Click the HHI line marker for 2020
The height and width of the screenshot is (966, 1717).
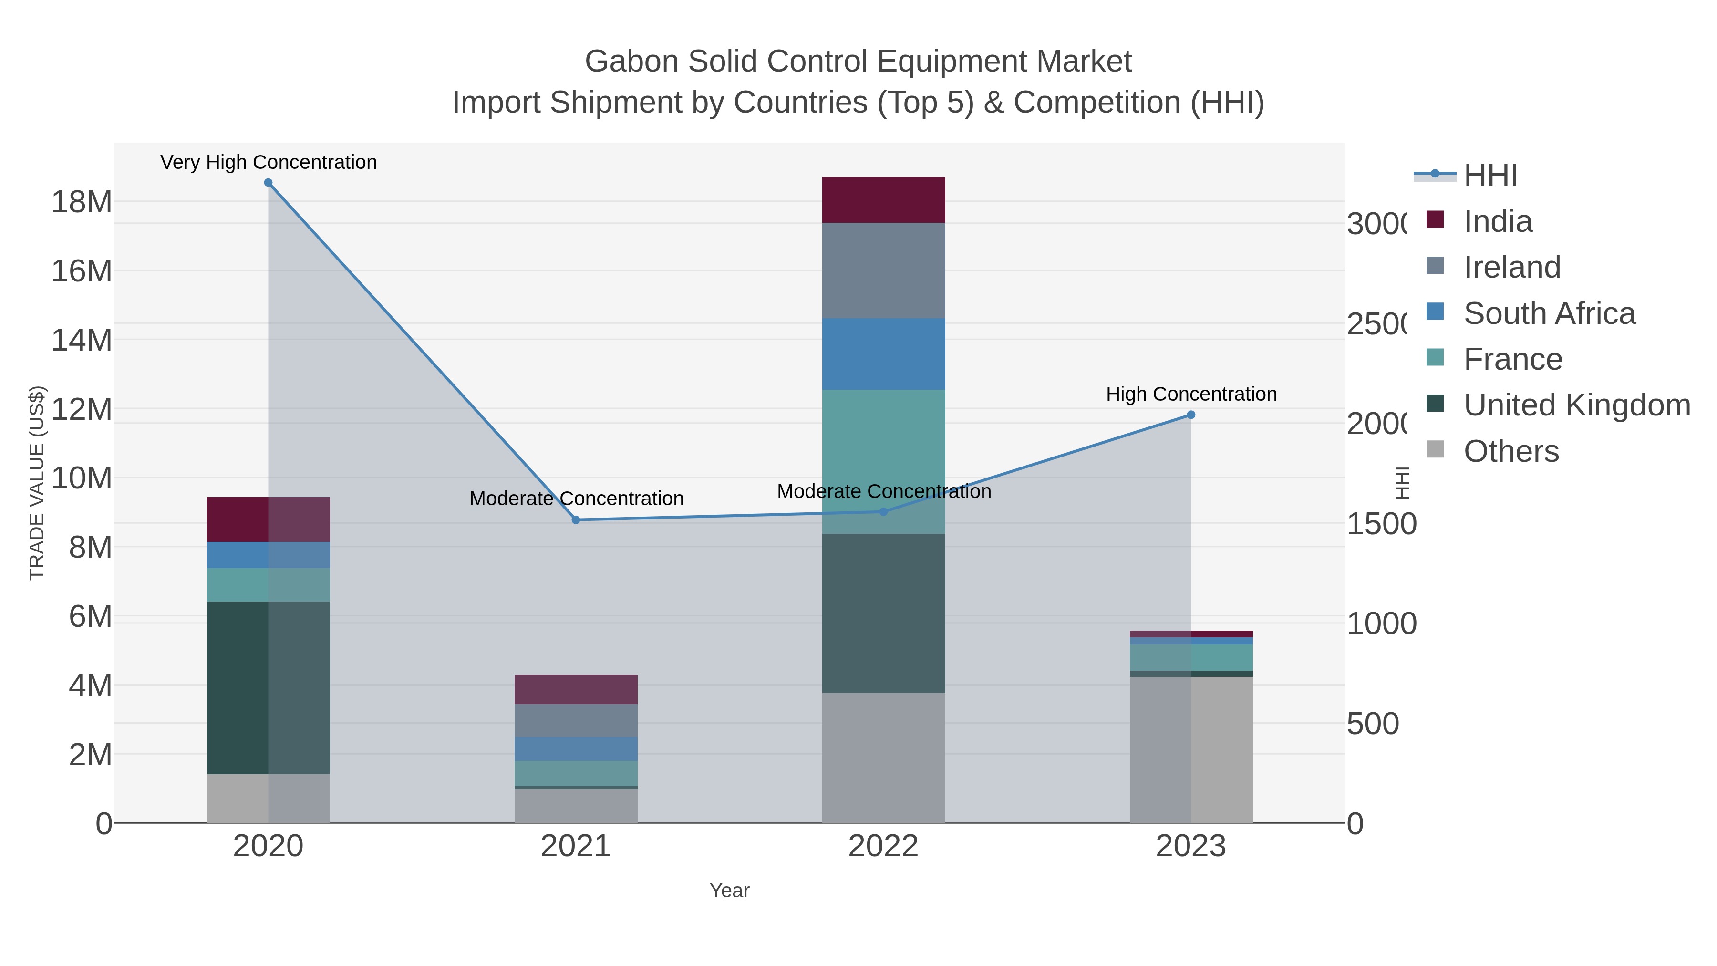point(268,183)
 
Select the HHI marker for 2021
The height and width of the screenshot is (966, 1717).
point(576,520)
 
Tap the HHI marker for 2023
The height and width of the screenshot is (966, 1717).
point(1191,415)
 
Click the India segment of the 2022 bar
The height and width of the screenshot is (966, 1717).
point(883,200)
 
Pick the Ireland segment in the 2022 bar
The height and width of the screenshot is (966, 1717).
point(883,270)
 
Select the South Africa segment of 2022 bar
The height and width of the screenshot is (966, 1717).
point(883,353)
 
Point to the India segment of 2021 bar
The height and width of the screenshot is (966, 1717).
point(576,689)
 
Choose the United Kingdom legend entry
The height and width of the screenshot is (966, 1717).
point(1576,405)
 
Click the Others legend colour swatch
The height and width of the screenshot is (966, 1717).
point(1435,450)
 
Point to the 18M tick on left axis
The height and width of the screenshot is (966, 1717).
point(81,202)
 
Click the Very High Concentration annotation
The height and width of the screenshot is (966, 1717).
point(269,163)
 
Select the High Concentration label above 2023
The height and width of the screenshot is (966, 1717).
point(1191,394)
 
